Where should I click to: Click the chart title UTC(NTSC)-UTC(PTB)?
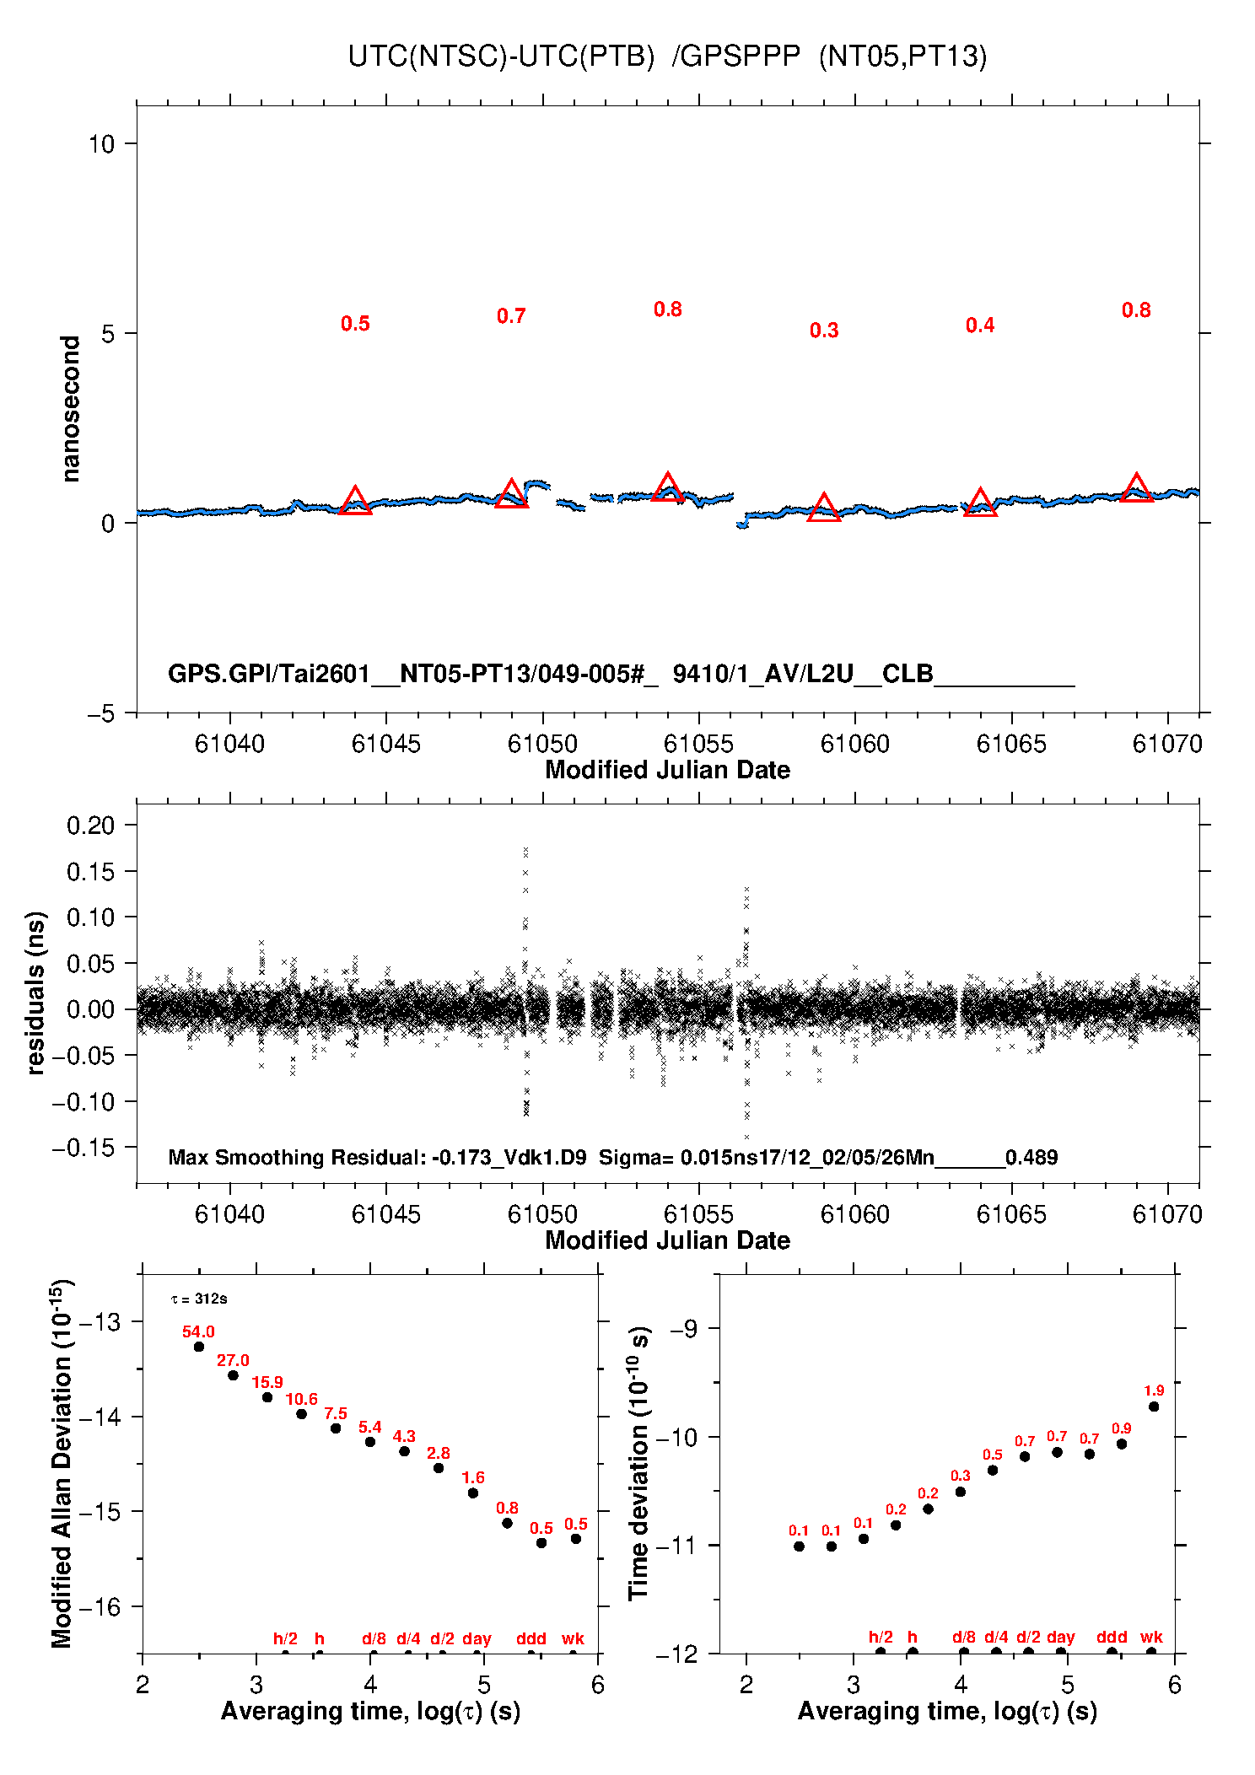(x=501, y=56)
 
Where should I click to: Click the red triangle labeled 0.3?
(x=823, y=508)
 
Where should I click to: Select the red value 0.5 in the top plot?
(x=355, y=324)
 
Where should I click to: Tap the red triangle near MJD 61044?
(x=355, y=502)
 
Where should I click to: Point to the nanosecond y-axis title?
(x=70, y=409)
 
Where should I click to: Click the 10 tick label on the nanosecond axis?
(x=101, y=144)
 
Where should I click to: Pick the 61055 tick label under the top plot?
(x=698, y=744)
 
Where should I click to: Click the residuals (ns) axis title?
(x=35, y=992)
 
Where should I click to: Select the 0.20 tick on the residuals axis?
(x=90, y=826)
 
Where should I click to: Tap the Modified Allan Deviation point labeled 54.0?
(x=199, y=1347)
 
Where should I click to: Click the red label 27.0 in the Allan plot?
(x=233, y=1360)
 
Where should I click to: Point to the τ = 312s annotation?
(x=199, y=1299)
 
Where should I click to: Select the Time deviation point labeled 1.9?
(x=1154, y=1407)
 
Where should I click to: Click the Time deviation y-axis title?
(x=639, y=1463)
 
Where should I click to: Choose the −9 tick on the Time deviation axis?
(x=683, y=1329)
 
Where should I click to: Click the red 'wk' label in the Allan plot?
(x=573, y=1638)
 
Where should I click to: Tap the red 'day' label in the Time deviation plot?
(x=1060, y=1637)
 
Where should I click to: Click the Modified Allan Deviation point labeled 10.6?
(x=301, y=1414)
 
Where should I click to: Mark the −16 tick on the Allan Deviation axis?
(x=100, y=1607)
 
